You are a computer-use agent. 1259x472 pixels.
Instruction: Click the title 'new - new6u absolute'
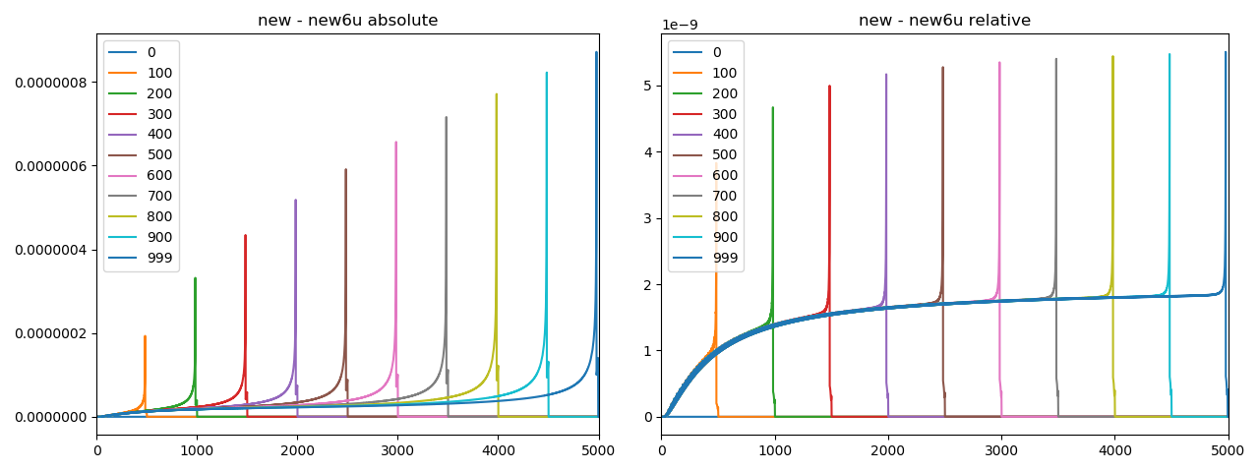click(347, 21)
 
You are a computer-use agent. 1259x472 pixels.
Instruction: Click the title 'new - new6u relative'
click(944, 21)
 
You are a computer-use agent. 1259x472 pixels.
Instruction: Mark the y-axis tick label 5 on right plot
click(648, 86)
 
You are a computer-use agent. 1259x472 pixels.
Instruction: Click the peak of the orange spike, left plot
click(145, 336)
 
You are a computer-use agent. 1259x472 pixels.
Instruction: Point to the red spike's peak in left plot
click(245, 235)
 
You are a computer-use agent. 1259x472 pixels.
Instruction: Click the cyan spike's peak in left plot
click(547, 72)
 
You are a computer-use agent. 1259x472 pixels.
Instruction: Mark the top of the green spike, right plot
click(772, 107)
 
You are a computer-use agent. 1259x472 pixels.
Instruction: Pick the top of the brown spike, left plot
click(345, 169)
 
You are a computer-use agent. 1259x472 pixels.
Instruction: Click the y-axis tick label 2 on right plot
click(648, 284)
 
